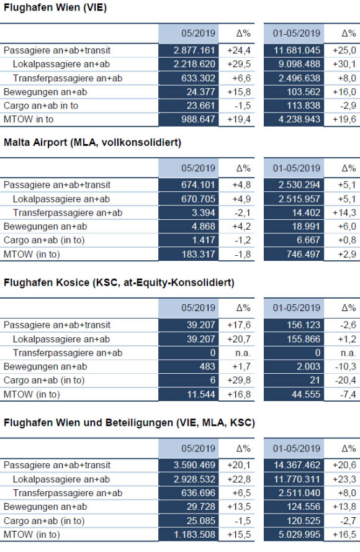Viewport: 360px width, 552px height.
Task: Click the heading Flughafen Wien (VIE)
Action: pos(55,7)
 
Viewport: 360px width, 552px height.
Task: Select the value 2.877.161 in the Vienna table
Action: pos(194,50)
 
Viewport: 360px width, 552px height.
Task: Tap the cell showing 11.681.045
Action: pos(297,50)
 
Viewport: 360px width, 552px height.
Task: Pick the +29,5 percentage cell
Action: pos(239,64)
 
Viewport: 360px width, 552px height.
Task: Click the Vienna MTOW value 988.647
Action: pos(198,119)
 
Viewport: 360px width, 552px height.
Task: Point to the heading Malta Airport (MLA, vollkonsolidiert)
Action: pos(92,143)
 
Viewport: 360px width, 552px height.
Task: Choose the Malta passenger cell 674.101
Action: pos(198,185)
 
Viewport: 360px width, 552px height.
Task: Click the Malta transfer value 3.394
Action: pos(204,212)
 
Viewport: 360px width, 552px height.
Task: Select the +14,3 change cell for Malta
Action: pos(344,212)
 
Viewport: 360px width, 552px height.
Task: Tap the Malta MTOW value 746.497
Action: pos(304,254)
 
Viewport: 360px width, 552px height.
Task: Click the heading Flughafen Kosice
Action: pos(119,283)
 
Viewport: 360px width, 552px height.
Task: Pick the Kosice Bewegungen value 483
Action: pos(207,366)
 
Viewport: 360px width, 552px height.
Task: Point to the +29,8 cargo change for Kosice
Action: pos(239,380)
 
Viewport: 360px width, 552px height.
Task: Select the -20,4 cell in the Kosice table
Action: pos(346,380)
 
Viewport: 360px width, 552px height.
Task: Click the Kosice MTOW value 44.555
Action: pos(306,394)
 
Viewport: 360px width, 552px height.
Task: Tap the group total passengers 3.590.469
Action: pos(194,465)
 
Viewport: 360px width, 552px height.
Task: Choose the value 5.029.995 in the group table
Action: pos(299,535)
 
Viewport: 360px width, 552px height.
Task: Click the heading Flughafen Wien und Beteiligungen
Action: pos(129,423)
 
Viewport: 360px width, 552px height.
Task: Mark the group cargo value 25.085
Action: pos(200,521)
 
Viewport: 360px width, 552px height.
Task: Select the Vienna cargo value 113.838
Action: pos(304,106)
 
